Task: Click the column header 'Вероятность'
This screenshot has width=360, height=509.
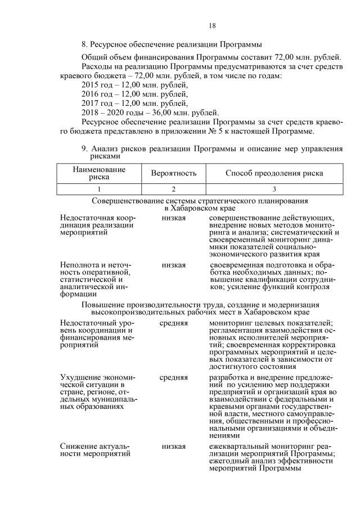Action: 173,173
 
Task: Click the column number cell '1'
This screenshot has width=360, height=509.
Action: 99,190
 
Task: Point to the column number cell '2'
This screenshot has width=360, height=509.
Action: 173,190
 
